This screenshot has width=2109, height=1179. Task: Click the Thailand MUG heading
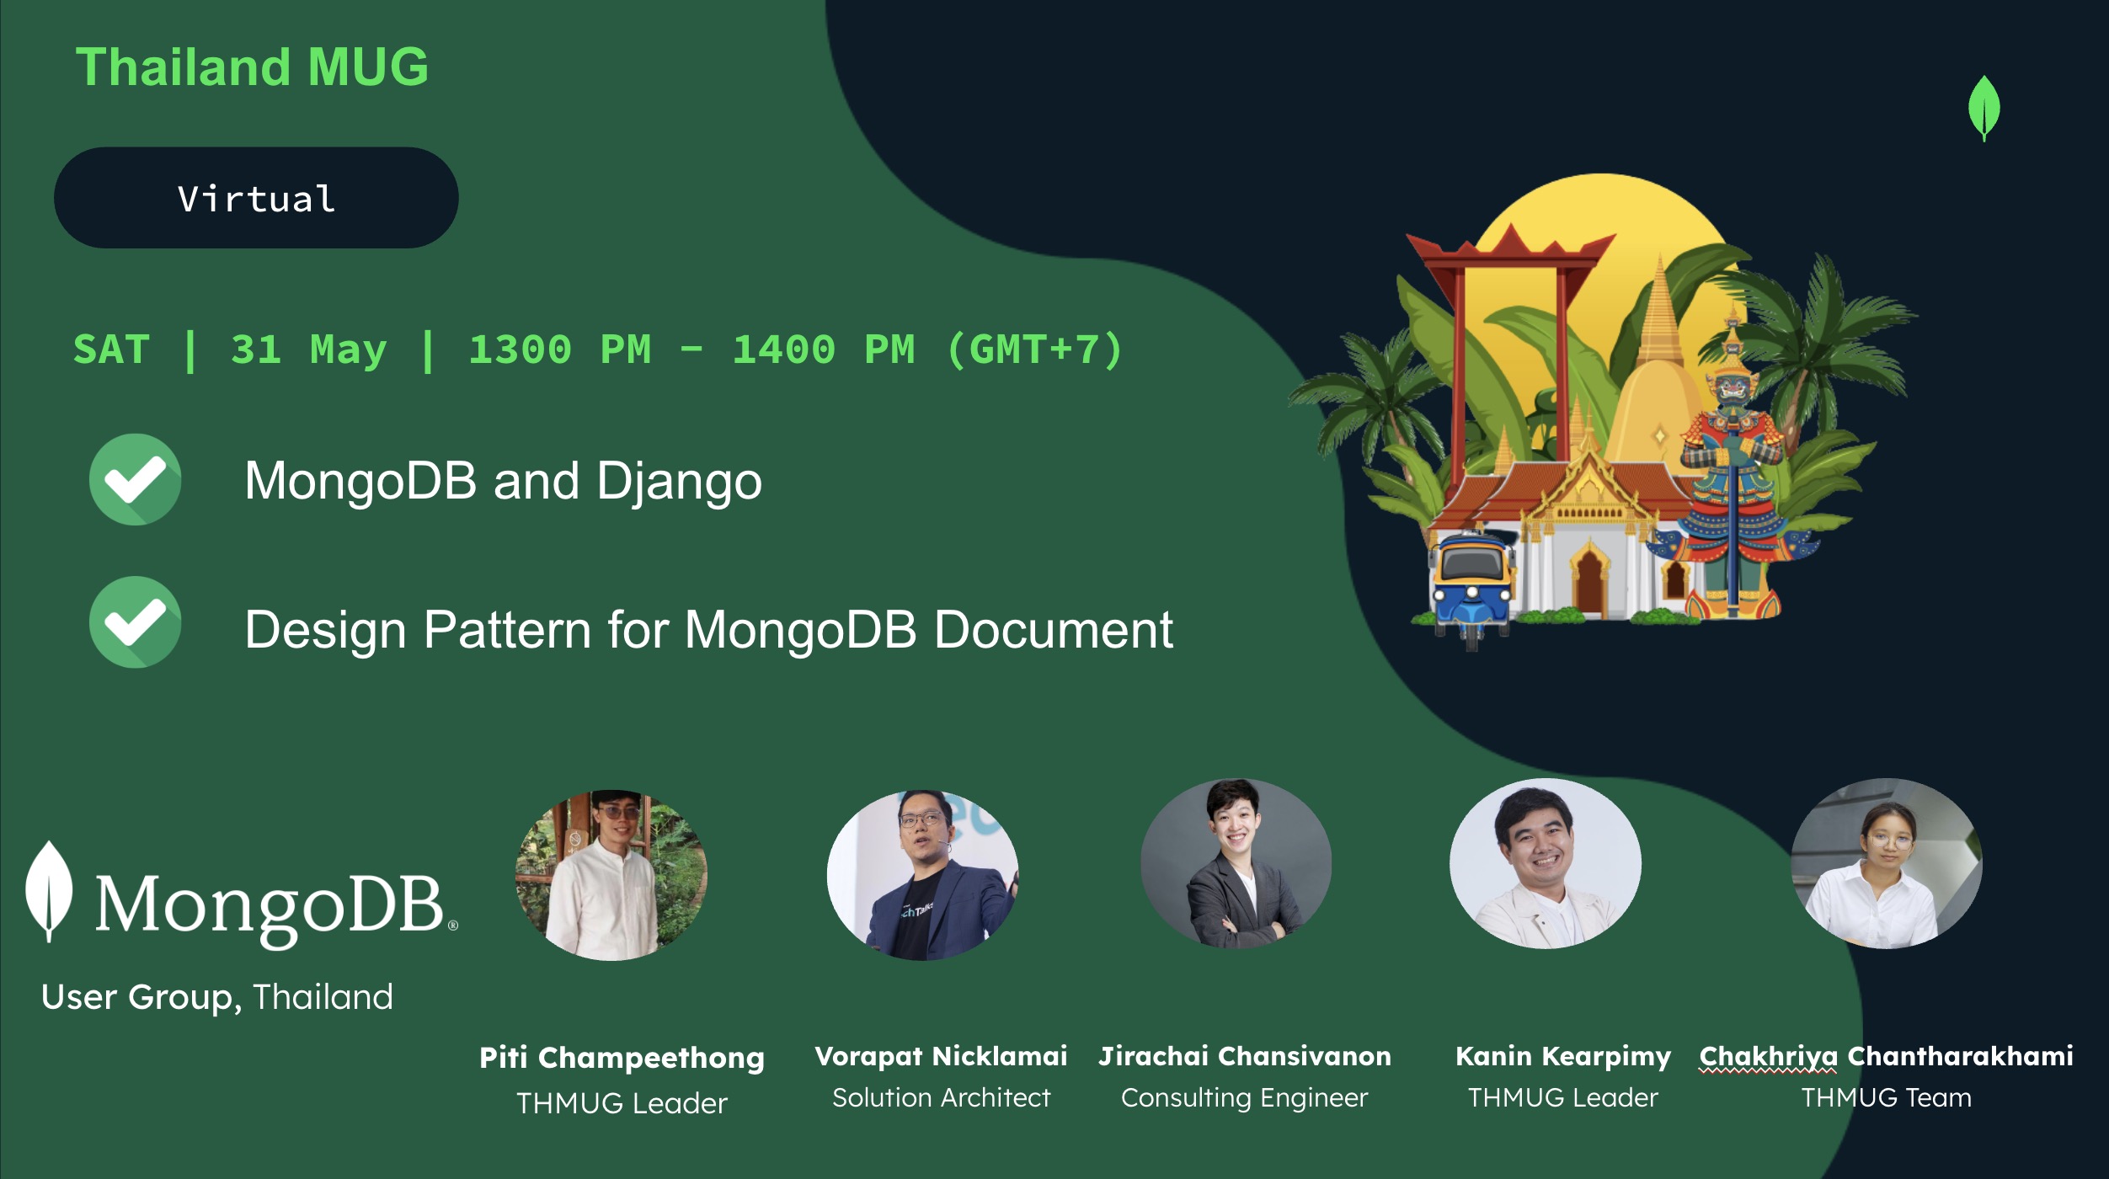253,67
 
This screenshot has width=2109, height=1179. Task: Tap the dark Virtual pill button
256,198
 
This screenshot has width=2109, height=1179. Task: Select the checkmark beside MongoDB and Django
135,479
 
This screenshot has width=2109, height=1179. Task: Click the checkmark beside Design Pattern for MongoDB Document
135,622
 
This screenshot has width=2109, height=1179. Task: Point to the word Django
679,483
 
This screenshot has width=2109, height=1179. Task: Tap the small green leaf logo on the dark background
1984,109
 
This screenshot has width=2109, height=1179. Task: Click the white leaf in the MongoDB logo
49,891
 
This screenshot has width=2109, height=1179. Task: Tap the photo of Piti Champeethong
611,875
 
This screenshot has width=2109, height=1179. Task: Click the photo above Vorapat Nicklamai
923,875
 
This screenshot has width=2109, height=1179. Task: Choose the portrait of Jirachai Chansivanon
1236,863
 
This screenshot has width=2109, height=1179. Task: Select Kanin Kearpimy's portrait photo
1546,863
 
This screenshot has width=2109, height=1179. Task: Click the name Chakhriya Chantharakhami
1887,1057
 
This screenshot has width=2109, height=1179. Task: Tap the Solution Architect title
942,1097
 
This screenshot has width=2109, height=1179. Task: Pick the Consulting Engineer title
1245,1098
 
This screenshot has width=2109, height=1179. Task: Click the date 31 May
309,350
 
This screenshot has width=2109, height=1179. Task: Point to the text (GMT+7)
1035,349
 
